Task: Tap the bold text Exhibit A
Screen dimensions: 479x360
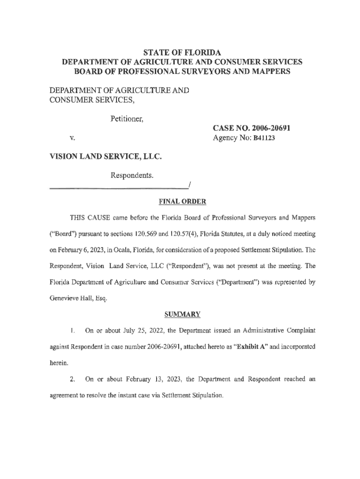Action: click(x=248, y=347)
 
